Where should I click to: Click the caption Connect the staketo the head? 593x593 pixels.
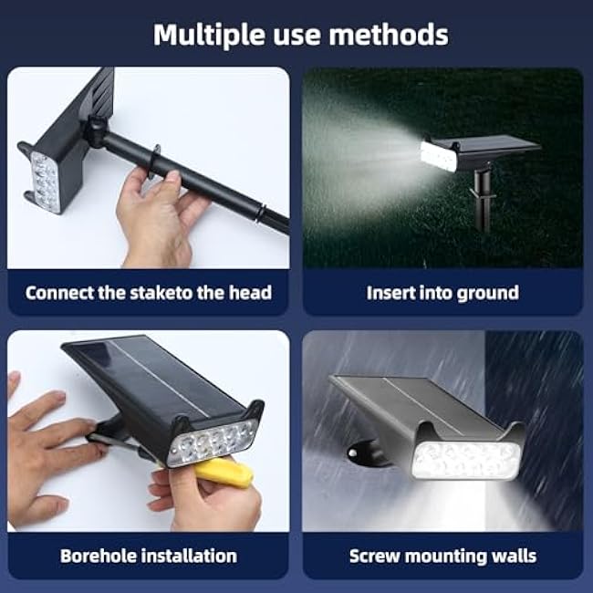(149, 293)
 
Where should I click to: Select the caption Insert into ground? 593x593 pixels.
(442, 293)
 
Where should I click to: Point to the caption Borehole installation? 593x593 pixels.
(149, 556)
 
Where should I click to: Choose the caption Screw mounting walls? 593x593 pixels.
(442, 556)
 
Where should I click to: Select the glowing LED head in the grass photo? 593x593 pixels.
(439, 153)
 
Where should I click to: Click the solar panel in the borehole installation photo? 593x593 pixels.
(146, 379)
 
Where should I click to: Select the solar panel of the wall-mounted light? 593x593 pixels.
(411, 401)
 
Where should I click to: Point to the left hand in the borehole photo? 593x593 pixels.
(46, 447)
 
